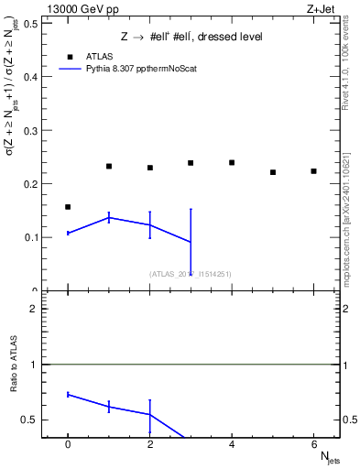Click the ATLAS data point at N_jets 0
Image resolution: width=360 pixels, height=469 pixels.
pyautogui.click(x=68, y=207)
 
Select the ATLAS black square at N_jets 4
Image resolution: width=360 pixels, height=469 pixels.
pyautogui.click(x=232, y=163)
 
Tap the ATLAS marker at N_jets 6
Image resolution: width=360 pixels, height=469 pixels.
pyautogui.click(x=313, y=171)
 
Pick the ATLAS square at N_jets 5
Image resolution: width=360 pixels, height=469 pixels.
pyautogui.click(x=273, y=172)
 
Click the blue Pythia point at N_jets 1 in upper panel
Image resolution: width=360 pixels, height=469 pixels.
pyautogui.click(x=109, y=217)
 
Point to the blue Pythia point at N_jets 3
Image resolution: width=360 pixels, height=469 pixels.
pyautogui.click(x=191, y=242)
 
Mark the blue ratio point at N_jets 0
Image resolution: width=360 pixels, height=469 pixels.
pyautogui.click(x=68, y=394)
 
